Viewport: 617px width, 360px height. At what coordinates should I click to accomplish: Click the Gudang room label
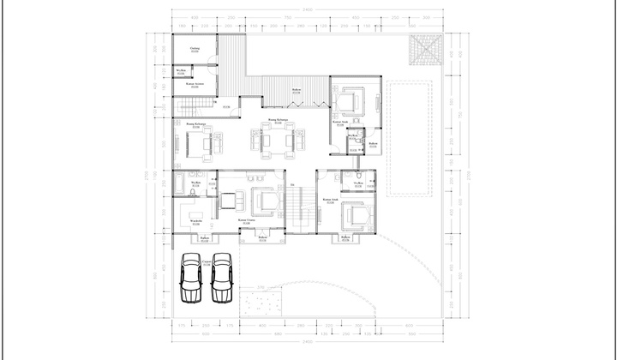(195, 51)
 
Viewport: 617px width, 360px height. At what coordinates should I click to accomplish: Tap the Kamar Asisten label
(195, 84)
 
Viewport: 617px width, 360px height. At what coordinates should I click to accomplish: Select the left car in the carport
(190, 278)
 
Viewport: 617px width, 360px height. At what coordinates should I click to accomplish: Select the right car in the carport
(222, 278)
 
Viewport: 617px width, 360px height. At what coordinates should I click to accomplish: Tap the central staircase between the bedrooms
(297, 210)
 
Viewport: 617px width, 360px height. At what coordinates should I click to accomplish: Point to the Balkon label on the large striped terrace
(296, 90)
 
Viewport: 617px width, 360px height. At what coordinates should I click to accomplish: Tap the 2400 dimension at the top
(306, 10)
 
